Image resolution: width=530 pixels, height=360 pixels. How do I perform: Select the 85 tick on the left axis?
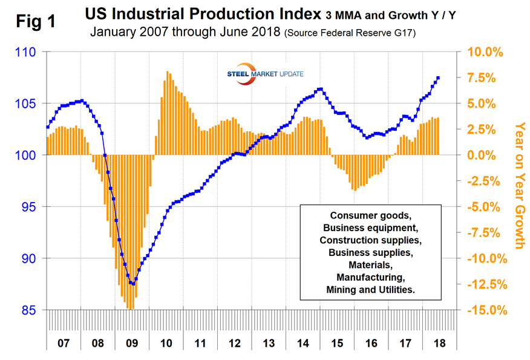pyautogui.click(x=29, y=310)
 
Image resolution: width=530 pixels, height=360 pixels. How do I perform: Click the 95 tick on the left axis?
pyautogui.click(x=29, y=208)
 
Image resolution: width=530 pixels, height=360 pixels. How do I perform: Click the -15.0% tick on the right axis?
pyautogui.click(x=483, y=310)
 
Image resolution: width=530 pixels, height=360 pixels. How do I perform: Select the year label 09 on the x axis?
pyautogui.click(x=132, y=342)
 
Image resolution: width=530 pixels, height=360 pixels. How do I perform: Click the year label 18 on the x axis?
pyautogui.click(x=440, y=342)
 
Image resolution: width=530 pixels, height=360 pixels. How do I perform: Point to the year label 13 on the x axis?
pyautogui.click(x=269, y=342)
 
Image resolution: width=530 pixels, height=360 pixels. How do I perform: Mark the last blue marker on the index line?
pyautogui.click(x=438, y=77)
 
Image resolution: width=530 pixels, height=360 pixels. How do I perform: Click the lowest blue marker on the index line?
pyautogui.click(x=133, y=284)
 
